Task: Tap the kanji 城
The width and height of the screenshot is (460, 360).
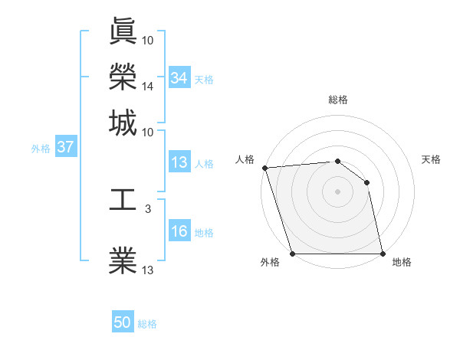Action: click(123, 123)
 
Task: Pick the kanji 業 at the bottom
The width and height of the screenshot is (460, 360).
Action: click(123, 260)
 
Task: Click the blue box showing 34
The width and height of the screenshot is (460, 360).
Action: click(179, 78)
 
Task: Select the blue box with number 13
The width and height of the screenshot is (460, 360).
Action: click(179, 162)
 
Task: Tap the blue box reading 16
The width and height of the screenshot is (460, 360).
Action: click(179, 232)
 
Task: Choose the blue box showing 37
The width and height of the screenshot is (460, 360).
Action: click(65, 148)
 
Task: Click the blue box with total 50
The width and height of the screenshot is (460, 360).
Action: click(123, 322)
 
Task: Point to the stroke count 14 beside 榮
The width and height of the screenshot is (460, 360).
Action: click(148, 86)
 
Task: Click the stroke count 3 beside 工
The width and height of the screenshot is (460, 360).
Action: click(147, 208)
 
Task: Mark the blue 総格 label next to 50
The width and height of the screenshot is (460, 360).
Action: click(147, 324)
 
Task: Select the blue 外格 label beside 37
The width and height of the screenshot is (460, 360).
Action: click(41, 149)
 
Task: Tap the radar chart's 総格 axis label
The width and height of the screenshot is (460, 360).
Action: click(337, 100)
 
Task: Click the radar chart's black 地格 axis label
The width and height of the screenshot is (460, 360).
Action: click(402, 262)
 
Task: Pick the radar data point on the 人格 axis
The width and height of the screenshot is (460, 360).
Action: click(264, 168)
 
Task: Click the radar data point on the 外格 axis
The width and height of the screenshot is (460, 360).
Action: click(292, 254)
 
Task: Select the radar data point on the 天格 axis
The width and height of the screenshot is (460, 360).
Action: click(367, 182)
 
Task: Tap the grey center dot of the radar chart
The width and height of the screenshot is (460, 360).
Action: click(337, 191)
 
